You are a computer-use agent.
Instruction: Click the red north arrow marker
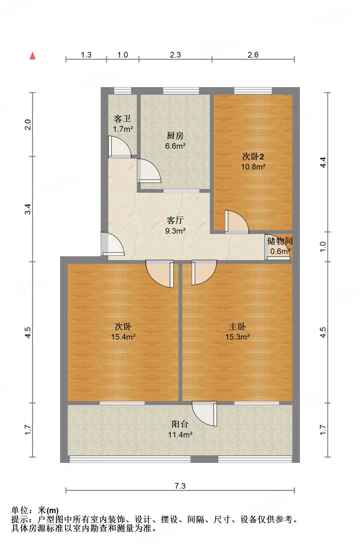tap(32, 56)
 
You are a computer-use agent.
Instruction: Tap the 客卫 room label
tap(122, 119)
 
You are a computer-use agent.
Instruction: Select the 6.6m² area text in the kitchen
tap(175, 146)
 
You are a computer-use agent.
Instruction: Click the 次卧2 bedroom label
tap(253, 156)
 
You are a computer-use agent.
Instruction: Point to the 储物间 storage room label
tap(280, 241)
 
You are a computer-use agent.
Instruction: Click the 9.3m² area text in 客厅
tap(175, 231)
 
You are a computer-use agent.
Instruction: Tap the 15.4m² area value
tap(123, 337)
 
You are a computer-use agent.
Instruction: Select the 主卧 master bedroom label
tap(237, 326)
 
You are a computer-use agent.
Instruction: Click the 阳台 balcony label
tap(180, 424)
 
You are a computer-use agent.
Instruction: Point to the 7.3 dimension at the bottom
tap(180, 486)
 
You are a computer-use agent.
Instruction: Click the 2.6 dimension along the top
tap(253, 55)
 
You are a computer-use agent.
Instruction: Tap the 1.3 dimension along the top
tap(86, 55)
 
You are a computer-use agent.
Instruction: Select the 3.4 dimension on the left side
tap(28, 209)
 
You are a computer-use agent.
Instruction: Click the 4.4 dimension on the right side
tap(323, 162)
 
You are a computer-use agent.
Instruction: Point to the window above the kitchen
tap(181, 91)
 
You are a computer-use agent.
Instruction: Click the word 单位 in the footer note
tap(20, 510)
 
